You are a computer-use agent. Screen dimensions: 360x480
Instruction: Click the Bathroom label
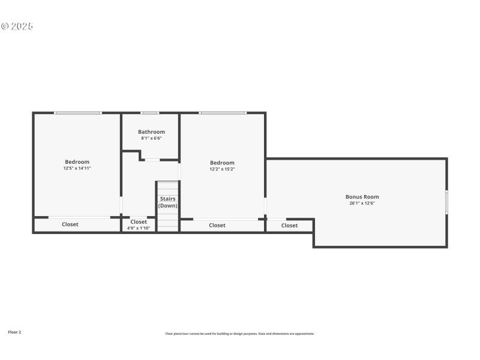click(151, 132)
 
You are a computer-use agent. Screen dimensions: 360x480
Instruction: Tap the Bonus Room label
click(362, 197)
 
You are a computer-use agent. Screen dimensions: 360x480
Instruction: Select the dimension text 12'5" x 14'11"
click(77, 169)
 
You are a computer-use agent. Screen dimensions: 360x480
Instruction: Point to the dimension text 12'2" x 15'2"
click(222, 169)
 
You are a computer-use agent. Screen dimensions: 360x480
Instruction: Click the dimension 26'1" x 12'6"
click(362, 203)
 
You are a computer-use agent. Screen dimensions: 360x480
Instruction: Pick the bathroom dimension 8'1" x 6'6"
click(151, 139)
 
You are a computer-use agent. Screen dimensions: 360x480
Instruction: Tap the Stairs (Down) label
click(168, 202)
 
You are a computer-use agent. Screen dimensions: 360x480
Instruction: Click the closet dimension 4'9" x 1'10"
click(139, 228)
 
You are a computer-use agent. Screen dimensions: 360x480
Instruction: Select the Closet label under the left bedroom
click(70, 224)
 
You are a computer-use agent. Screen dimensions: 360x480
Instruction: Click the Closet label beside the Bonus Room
click(289, 226)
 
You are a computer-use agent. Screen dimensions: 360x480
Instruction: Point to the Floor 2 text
click(14, 332)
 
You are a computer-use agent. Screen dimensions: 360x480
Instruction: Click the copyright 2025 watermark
click(17, 26)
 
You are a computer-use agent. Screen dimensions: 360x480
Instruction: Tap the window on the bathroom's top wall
click(149, 113)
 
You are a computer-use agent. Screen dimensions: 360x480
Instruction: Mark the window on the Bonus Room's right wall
click(446, 202)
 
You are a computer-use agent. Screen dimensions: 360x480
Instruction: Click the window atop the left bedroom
click(78, 113)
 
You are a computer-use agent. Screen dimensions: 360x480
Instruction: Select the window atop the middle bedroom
click(223, 113)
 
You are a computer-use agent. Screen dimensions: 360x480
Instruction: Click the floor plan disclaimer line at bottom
click(239, 334)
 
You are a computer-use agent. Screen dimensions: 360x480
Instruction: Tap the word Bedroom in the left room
click(77, 162)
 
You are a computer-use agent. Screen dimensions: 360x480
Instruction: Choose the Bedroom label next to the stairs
click(222, 163)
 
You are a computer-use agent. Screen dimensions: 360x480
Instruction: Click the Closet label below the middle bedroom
click(217, 226)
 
